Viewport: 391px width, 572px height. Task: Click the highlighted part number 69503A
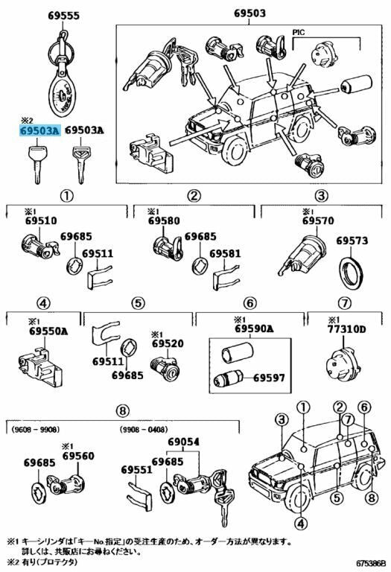click(39, 130)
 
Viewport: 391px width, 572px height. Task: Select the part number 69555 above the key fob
click(63, 16)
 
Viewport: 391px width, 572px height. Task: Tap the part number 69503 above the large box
click(249, 13)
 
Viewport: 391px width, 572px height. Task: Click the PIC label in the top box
click(299, 32)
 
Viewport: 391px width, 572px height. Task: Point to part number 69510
click(41, 220)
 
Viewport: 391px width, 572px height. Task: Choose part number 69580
click(164, 220)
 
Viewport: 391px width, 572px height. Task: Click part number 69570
click(318, 220)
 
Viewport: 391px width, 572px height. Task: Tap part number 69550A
click(48, 331)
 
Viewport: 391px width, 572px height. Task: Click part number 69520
click(168, 343)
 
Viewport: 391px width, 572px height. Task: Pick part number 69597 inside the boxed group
click(269, 377)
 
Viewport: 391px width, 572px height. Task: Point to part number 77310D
click(346, 329)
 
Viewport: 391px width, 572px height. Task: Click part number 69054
click(183, 442)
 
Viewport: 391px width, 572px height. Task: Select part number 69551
click(136, 469)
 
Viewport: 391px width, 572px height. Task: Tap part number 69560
click(78, 456)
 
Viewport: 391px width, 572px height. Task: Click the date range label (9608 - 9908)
click(36, 429)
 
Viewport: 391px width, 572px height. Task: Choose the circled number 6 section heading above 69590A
click(249, 302)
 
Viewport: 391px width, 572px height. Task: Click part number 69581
click(225, 253)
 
